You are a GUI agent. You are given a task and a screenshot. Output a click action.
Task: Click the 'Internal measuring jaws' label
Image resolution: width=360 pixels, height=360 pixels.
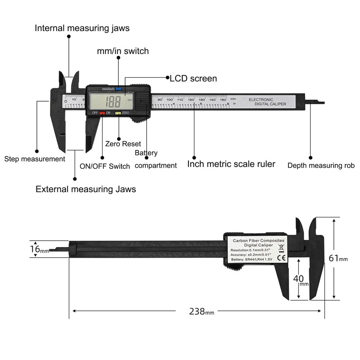pyautogui.click(x=82, y=28)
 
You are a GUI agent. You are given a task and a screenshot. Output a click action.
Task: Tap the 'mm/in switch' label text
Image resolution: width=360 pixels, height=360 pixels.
pyautogui.click(x=122, y=51)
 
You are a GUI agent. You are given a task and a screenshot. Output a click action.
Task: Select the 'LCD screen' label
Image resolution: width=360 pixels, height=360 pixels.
pyautogui.click(x=193, y=78)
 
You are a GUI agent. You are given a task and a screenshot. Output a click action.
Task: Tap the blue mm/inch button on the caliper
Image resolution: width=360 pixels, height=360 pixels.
pyautogui.click(x=118, y=89)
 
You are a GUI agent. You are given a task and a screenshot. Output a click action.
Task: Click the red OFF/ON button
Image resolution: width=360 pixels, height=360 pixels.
pyautogui.click(x=102, y=112)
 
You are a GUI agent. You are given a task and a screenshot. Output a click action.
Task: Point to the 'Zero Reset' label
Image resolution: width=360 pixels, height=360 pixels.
pyautogui.click(x=123, y=144)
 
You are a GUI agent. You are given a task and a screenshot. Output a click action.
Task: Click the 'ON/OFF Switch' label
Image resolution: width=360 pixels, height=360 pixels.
pyautogui.click(x=104, y=166)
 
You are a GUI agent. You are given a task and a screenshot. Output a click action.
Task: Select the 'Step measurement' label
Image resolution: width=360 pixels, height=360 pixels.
pyautogui.click(x=35, y=159)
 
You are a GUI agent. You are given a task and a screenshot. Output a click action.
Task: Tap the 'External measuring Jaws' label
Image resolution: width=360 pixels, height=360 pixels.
pyautogui.click(x=85, y=189)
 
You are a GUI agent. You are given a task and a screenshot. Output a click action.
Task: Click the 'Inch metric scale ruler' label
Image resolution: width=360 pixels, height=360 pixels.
pyautogui.click(x=231, y=164)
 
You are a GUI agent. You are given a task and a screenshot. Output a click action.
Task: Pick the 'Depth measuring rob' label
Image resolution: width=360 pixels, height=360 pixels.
pyautogui.click(x=321, y=166)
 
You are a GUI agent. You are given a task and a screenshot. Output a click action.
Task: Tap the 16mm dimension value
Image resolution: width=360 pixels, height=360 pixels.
pyautogui.click(x=39, y=249)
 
